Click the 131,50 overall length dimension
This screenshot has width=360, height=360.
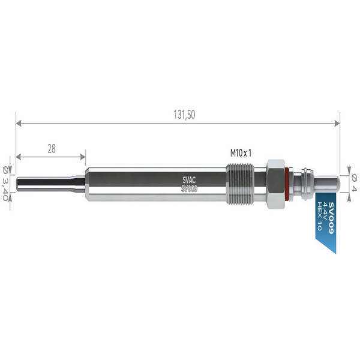pyautogui.click(x=184, y=115)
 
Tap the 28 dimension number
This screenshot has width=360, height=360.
pyautogui.click(x=52, y=149)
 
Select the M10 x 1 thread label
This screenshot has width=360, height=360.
pyautogui.click(x=241, y=153)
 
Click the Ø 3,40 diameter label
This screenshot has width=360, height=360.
pyautogui.click(x=5, y=183)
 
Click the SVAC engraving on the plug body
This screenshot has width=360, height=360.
pyautogui.click(x=189, y=180)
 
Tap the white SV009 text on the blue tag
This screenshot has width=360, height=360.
pyautogui.click(x=331, y=218)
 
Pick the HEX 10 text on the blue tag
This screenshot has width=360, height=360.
pyautogui.click(x=319, y=216)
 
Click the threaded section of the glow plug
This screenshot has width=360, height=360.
pyautogui.click(x=240, y=184)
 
